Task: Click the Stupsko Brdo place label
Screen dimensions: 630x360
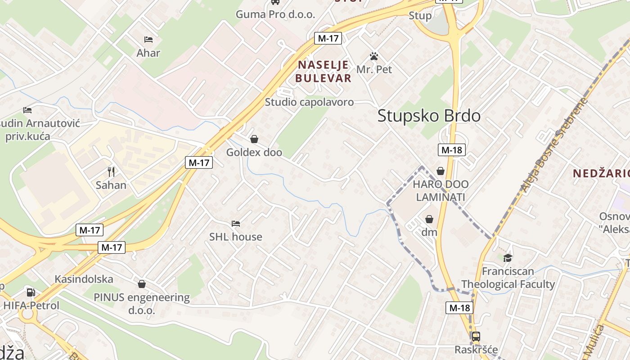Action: tap(429, 116)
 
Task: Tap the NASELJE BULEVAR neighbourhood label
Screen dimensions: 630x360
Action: tap(323, 71)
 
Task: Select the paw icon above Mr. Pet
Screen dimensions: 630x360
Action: tap(374, 57)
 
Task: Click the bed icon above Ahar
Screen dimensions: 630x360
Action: tap(148, 40)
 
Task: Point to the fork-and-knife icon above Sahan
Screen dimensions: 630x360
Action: tap(111, 171)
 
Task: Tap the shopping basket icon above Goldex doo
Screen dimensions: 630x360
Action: tap(254, 139)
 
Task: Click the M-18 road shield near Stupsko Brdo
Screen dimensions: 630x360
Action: tap(451, 150)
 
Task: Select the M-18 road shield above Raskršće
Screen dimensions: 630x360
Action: tap(459, 308)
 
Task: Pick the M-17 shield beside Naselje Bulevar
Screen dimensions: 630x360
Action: tap(328, 38)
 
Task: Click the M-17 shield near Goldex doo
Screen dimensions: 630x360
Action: tap(198, 162)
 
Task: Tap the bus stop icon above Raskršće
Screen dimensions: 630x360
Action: tap(476, 336)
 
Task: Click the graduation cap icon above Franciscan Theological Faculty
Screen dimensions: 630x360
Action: tap(508, 258)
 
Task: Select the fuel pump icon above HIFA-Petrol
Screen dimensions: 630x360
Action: tap(31, 292)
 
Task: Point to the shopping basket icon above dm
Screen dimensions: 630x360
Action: tap(429, 219)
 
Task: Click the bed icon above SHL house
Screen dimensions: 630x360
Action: tap(235, 223)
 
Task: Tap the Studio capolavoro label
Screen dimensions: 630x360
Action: tap(309, 102)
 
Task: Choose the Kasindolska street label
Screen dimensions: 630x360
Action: tap(84, 279)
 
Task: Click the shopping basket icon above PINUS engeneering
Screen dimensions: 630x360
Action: tap(142, 284)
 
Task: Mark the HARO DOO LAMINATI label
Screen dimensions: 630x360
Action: tap(441, 190)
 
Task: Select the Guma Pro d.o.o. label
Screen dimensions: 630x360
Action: tap(275, 14)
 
